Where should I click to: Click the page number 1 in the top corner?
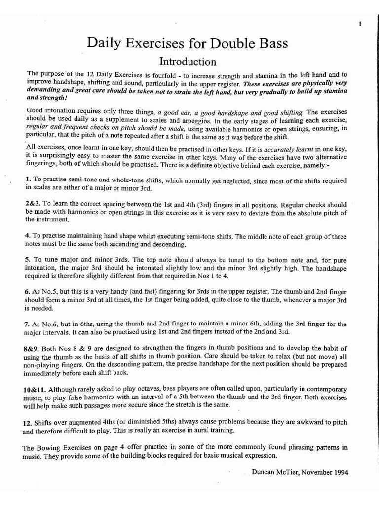[x=360, y=23]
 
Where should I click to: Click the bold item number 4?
[x=28, y=236]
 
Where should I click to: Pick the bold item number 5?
[x=28, y=260]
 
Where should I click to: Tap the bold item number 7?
[x=27, y=325]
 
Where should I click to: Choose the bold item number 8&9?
[x=33, y=349]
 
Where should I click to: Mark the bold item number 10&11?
[x=35, y=389]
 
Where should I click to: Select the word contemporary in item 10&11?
[x=324, y=389]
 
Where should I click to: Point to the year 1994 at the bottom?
[x=339, y=472]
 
